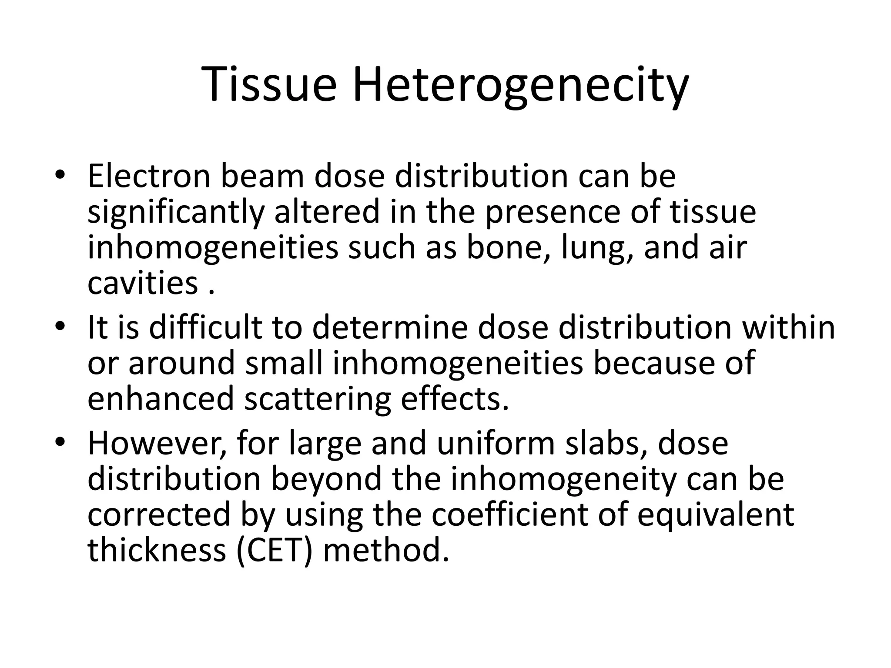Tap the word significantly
175,213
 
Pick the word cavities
143,283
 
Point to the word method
385,550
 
